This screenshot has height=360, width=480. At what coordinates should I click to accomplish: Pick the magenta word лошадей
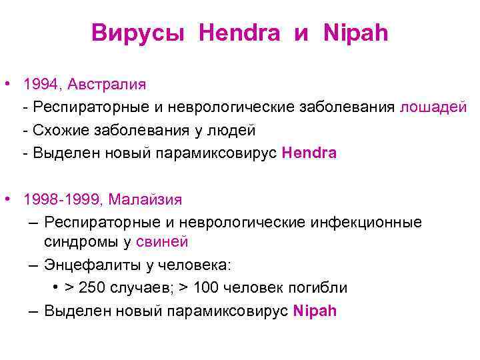(x=433, y=107)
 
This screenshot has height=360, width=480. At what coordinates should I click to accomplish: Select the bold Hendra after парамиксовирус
(x=309, y=153)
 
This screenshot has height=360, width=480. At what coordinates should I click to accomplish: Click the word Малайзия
(x=145, y=199)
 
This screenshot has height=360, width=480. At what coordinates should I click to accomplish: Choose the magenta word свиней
(x=163, y=242)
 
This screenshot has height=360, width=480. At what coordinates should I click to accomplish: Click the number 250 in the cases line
(x=91, y=287)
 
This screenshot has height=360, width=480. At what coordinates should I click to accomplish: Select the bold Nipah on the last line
(x=315, y=311)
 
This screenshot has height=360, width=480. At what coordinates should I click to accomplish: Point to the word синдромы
(x=79, y=242)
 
